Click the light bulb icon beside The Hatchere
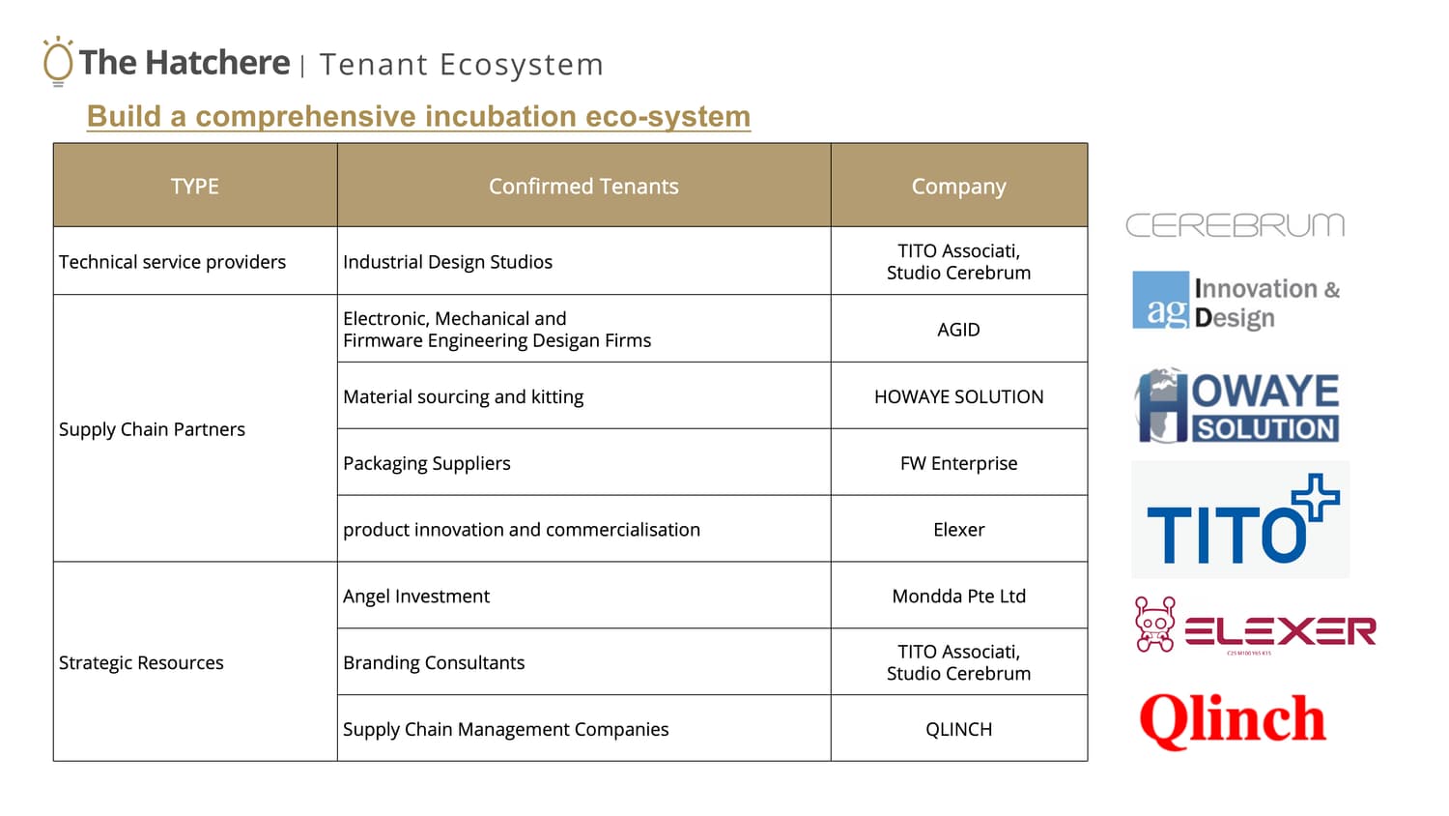point(58,61)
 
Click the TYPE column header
point(195,187)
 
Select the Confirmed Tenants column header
point(583,187)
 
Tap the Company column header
point(958,187)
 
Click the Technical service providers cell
point(172,262)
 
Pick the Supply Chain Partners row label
point(152,429)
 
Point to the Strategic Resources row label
point(141,662)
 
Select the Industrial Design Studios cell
point(447,262)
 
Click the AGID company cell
point(958,330)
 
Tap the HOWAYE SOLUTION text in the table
point(958,396)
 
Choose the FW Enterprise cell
point(958,463)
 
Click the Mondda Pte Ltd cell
point(958,596)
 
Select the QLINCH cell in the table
point(958,729)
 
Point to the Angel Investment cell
point(416,596)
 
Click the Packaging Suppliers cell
point(426,463)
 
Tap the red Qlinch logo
point(1233,720)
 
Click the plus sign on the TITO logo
point(1315,497)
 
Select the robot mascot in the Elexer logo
point(1155,625)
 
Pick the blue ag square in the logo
point(1160,300)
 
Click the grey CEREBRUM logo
point(1235,224)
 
